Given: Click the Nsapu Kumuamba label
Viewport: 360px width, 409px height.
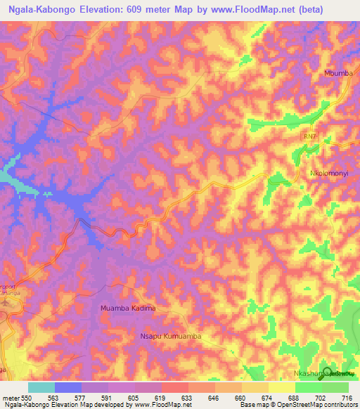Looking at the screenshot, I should pos(172,337).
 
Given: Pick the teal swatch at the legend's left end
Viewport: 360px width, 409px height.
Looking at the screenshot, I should pos(41,387).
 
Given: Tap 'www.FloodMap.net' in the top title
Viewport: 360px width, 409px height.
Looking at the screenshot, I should pos(257,8).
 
